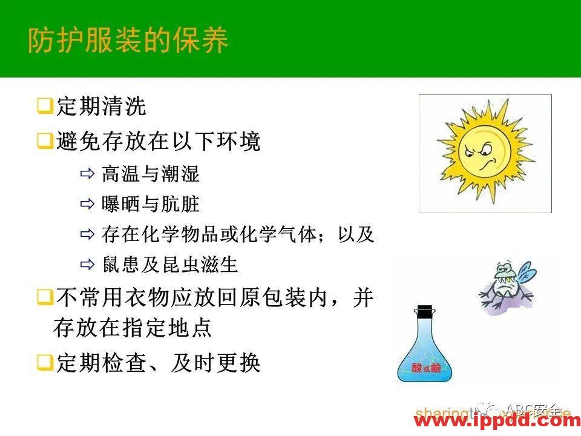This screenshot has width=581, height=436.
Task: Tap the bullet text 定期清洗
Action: pyautogui.click(x=100, y=107)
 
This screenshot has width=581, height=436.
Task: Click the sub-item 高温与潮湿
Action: pyautogui.click(x=150, y=175)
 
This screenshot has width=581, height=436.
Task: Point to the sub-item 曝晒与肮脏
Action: pyautogui.click(x=150, y=205)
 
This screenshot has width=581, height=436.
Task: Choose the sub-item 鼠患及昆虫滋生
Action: pyautogui.click(x=169, y=265)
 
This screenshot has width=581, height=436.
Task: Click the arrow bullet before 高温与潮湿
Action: pyautogui.click(x=87, y=176)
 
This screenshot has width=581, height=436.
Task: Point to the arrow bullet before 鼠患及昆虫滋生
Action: pyautogui.click(x=87, y=265)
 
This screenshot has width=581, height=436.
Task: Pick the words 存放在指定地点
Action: pyautogui.click(x=132, y=329)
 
